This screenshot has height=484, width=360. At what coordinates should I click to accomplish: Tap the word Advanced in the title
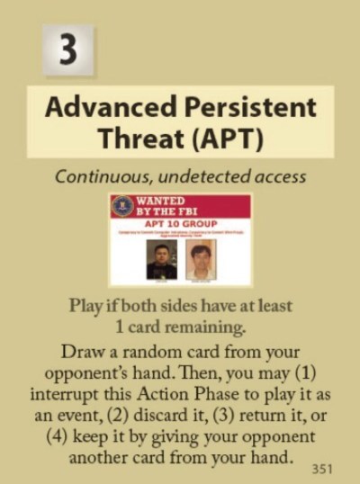point(106,108)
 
